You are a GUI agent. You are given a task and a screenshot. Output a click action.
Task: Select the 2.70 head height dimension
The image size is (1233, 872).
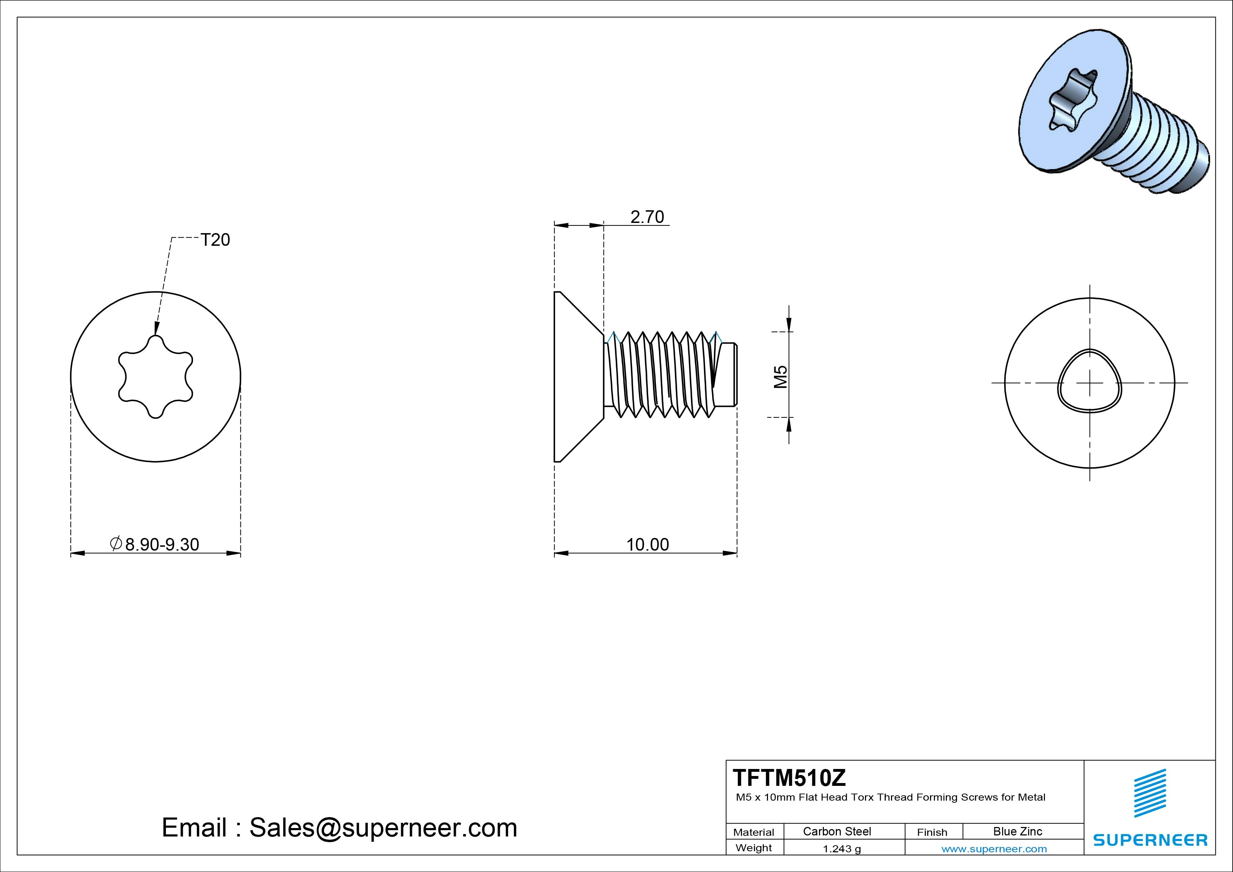tap(647, 217)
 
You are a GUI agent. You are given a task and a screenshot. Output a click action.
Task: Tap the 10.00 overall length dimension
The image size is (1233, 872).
tap(648, 544)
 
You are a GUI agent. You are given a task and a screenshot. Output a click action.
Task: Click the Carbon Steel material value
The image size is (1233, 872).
tap(837, 831)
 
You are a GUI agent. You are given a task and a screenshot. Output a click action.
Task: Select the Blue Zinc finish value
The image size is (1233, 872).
tap(1018, 831)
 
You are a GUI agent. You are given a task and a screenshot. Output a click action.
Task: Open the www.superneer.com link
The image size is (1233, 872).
tap(994, 849)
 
